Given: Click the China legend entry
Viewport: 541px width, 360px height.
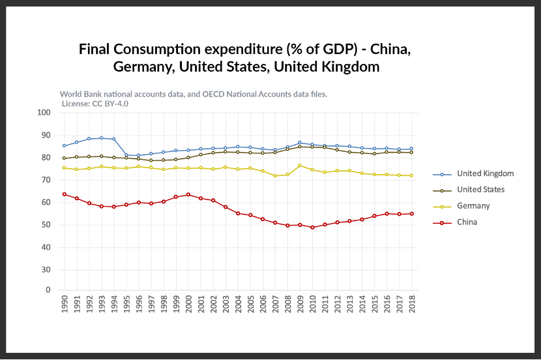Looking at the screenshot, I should point(467,222).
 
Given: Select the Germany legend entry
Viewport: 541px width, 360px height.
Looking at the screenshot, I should point(473,206).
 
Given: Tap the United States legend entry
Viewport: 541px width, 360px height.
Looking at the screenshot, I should point(480,190).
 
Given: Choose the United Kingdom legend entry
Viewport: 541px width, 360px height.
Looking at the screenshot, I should point(485,173).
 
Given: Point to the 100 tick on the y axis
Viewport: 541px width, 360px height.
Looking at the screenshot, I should point(44,113).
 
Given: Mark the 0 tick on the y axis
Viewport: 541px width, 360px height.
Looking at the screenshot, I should point(48,290).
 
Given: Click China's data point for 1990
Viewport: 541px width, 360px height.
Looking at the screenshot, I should point(64,194).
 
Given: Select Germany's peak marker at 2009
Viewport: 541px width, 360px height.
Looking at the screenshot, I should point(300,166).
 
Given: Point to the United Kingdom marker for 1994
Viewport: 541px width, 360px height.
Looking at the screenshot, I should point(113,139).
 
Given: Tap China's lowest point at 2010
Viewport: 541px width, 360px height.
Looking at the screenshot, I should point(312,228).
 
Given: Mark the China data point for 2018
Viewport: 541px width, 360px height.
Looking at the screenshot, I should point(412,214).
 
